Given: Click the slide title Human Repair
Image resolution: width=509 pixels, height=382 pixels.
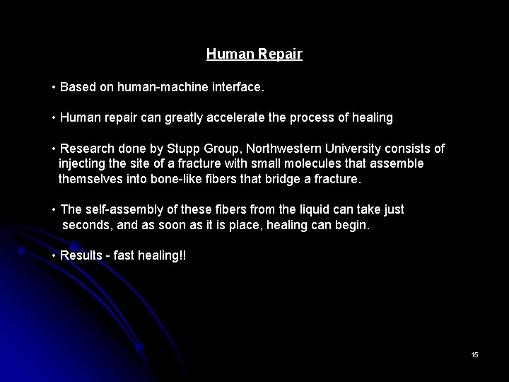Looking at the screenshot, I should [x=255, y=54].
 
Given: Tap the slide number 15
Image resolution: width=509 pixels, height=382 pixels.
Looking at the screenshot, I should [x=474, y=354].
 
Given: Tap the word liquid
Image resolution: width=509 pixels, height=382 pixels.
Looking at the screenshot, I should [x=293, y=210].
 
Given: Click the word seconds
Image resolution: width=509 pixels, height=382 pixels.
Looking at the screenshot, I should [x=86, y=226].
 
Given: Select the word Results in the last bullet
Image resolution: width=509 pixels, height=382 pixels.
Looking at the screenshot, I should [x=81, y=255].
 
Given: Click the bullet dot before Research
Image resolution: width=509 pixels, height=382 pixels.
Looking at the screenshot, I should [x=54, y=149].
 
